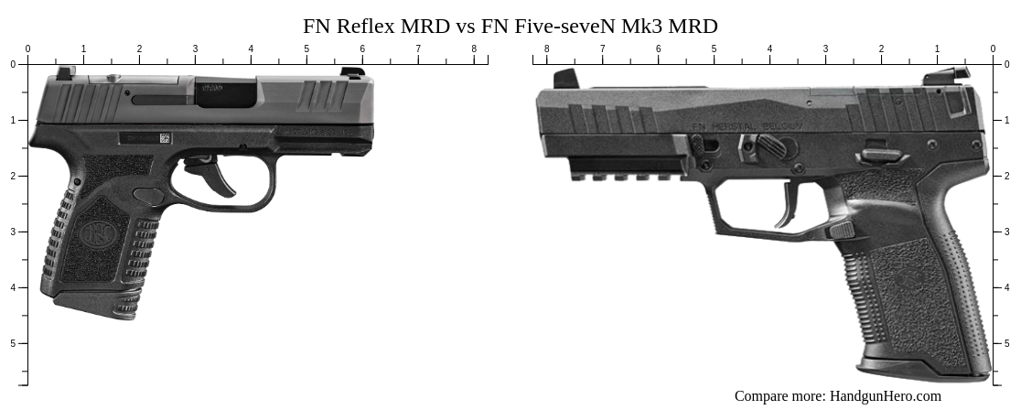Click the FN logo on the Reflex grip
click(94, 233)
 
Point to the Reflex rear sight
click(66, 72)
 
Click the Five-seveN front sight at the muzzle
click(567, 79)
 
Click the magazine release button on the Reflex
click(148, 196)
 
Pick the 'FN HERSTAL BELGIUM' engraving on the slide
click(747, 126)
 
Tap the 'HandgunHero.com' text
click(885, 396)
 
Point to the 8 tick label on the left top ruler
click(474, 49)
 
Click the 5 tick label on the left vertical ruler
click(12, 343)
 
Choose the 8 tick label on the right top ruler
click(546, 49)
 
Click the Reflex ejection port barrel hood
click(227, 92)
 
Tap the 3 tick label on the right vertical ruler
click(1005, 232)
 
